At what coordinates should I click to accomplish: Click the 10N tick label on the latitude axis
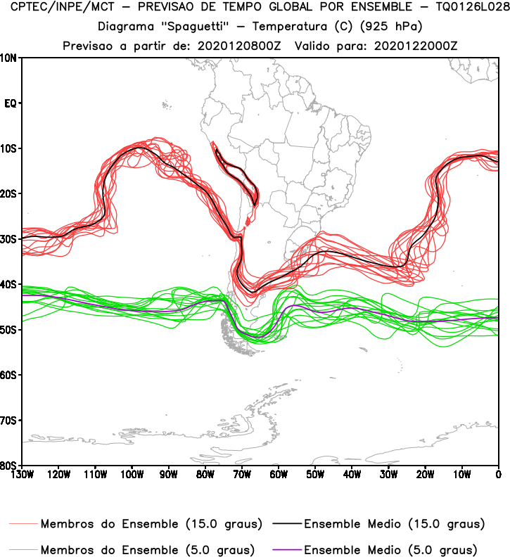pyautogui.click(x=9, y=58)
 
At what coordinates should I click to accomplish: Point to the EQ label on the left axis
pyautogui.click(x=11, y=103)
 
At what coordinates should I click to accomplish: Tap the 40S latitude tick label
pyautogui.click(x=9, y=284)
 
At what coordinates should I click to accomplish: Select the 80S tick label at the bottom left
pyautogui.click(x=9, y=466)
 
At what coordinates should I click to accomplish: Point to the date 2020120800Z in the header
pyautogui.click(x=238, y=45)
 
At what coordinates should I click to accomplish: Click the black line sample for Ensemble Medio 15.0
pyautogui.click(x=284, y=524)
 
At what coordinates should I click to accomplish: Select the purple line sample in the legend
pyautogui.click(x=284, y=549)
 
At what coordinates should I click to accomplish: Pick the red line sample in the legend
pyautogui.click(x=24, y=524)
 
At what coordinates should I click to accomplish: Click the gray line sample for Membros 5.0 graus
pyautogui.click(x=24, y=549)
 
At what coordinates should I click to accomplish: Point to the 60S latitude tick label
pyautogui.click(x=9, y=375)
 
